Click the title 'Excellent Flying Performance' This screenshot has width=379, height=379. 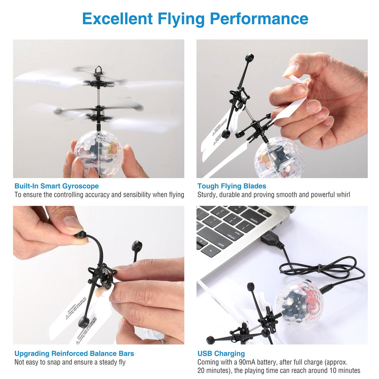tap(195, 19)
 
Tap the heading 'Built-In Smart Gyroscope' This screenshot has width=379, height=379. tap(56, 186)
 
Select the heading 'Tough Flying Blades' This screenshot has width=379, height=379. tap(232, 186)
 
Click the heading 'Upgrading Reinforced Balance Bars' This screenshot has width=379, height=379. tap(74, 353)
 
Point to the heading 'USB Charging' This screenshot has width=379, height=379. tap(221, 353)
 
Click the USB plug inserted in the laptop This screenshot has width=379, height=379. tap(271, 239)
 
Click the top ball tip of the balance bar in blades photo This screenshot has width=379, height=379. tap(249, 57)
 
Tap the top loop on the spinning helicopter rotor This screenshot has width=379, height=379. tap(98, 70)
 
